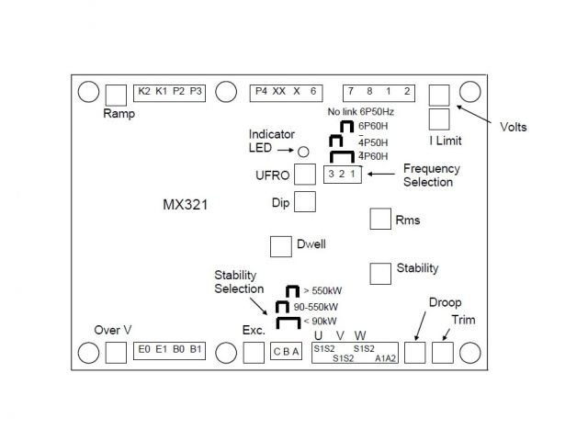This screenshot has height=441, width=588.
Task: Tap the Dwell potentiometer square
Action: (x=280, y=246)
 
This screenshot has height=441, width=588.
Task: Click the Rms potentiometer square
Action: (x=379, y=219)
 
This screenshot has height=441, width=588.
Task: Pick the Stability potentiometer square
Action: (x=379, y=273)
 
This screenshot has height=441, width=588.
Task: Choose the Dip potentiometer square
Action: (x=305, y=201)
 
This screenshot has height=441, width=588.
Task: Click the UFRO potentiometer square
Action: (x=305, y=175)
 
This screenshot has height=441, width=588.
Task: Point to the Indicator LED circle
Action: (x=300, y=150)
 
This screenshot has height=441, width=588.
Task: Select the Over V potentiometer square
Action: (x=116, y=352)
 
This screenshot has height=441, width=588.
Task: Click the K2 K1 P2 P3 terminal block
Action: (x=170, y=92)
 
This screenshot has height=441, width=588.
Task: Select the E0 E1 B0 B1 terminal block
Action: (x=170, y=351)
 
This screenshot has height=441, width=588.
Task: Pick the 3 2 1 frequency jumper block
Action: (x=340, y=175)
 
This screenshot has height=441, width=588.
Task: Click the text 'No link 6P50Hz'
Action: (x=366, y=112)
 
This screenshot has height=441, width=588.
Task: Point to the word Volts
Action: (x=514, y=127)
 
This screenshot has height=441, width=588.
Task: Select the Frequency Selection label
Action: (x=432, y=175)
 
